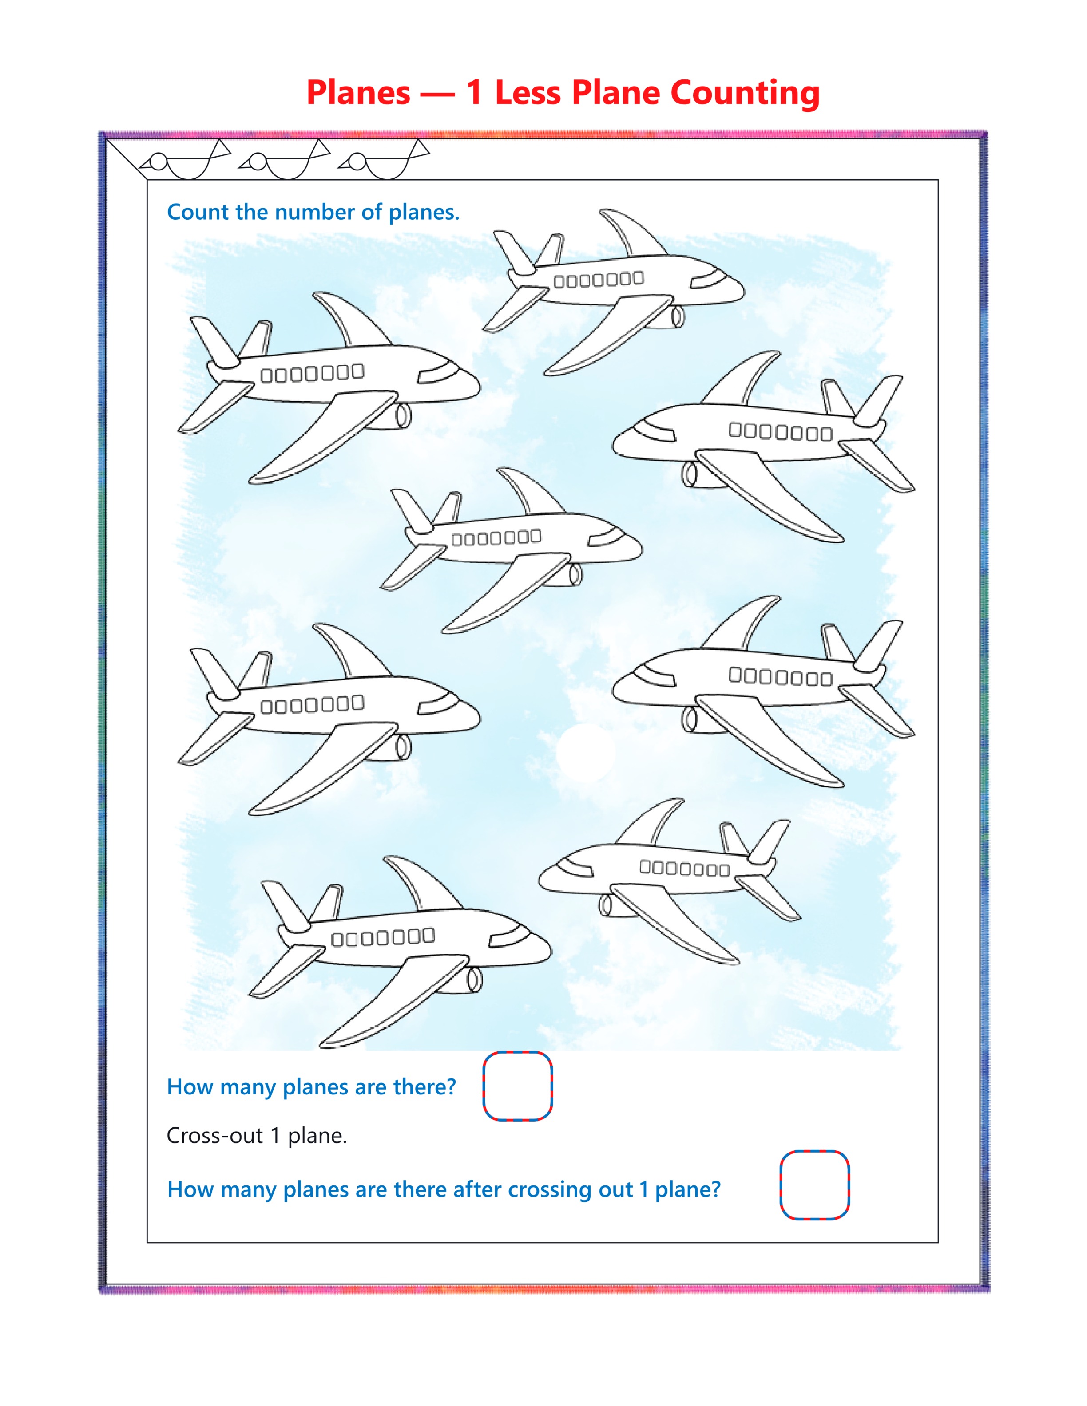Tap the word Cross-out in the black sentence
[x=214, y=1136]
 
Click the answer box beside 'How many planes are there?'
[x=518, y=1087]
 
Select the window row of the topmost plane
[x=598, y=280]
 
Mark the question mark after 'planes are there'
[x=450, y=1087]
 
